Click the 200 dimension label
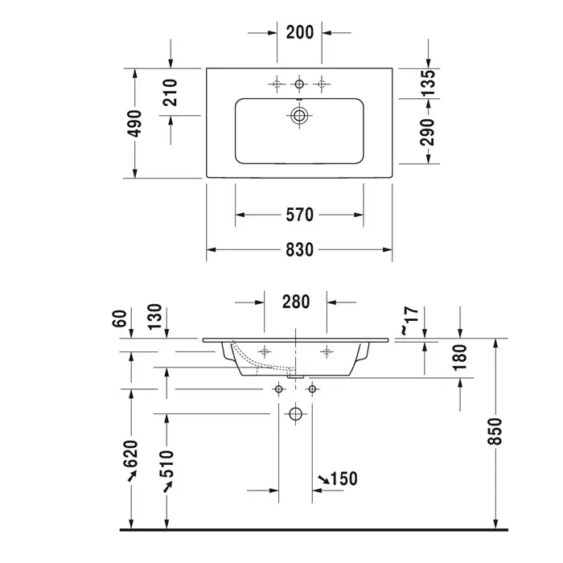[299, 32]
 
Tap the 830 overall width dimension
[299, 250]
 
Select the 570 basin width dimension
[299, 215]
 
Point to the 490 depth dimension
[135, 123]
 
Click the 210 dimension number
[171, 92]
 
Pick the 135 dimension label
[428, 84]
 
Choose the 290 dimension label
[428, 132]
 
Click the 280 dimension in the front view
[295, 302]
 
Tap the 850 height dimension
[495, 431]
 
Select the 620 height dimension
[130, 454]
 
